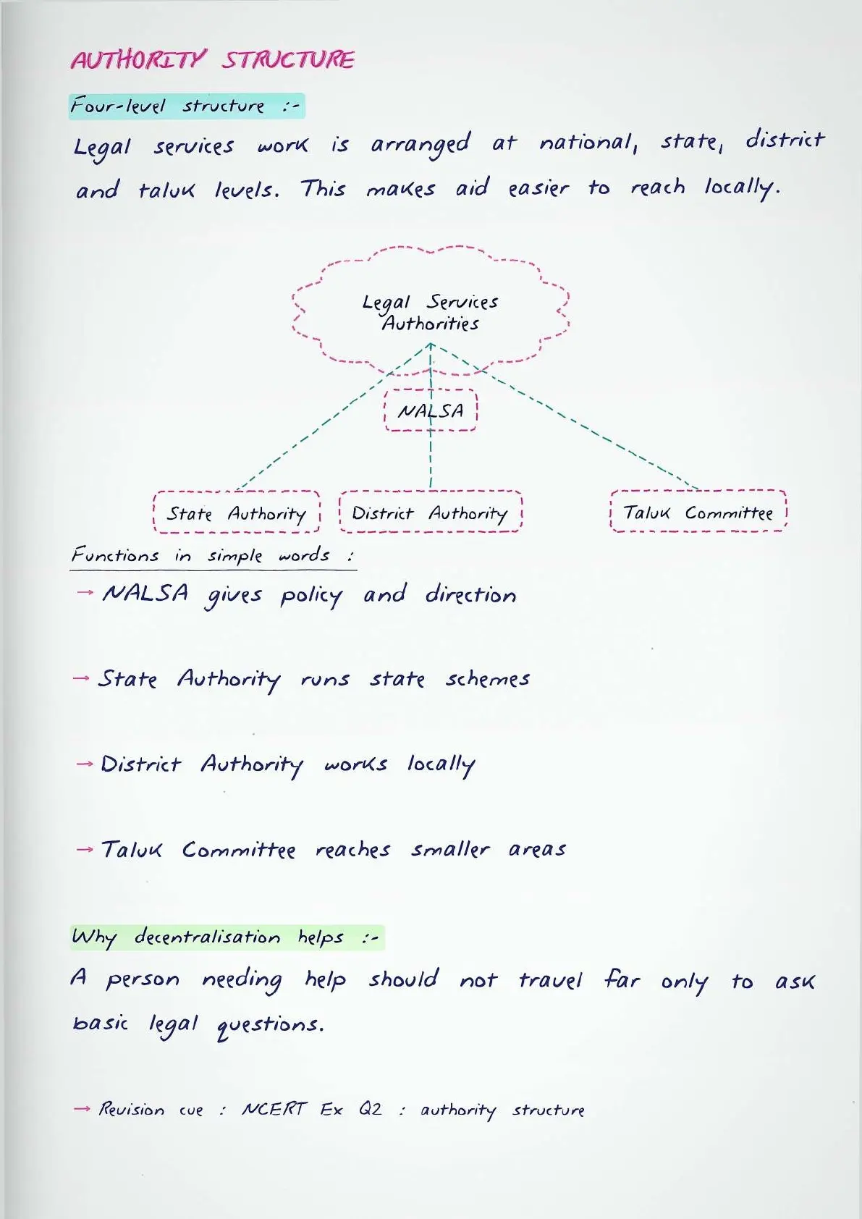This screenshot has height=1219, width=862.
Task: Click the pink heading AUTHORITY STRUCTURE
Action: point(213,59)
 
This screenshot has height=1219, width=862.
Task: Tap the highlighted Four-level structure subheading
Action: point(187,106)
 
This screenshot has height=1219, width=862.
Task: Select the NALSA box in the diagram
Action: point(431,410)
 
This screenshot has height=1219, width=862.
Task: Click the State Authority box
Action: point(236,512)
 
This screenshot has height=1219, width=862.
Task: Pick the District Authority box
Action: point(431,512)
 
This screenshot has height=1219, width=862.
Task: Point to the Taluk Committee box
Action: point(698,511)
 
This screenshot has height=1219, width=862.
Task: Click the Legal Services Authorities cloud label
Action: point(431,313)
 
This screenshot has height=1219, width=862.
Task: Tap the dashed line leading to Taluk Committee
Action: point(565,417)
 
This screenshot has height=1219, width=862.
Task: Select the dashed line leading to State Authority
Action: point(334,417)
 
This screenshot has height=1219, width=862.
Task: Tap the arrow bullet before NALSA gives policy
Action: point(85,592)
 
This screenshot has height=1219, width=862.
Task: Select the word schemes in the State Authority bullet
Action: point(488,678)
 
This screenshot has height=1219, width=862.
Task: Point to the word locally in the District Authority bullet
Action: point(441,766)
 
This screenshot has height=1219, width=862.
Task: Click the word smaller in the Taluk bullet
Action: point(450,850)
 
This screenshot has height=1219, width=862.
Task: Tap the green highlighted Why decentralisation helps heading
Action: point(227,937)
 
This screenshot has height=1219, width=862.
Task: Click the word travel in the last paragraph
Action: point(550,980)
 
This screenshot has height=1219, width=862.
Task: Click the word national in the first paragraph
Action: point(588,143)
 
